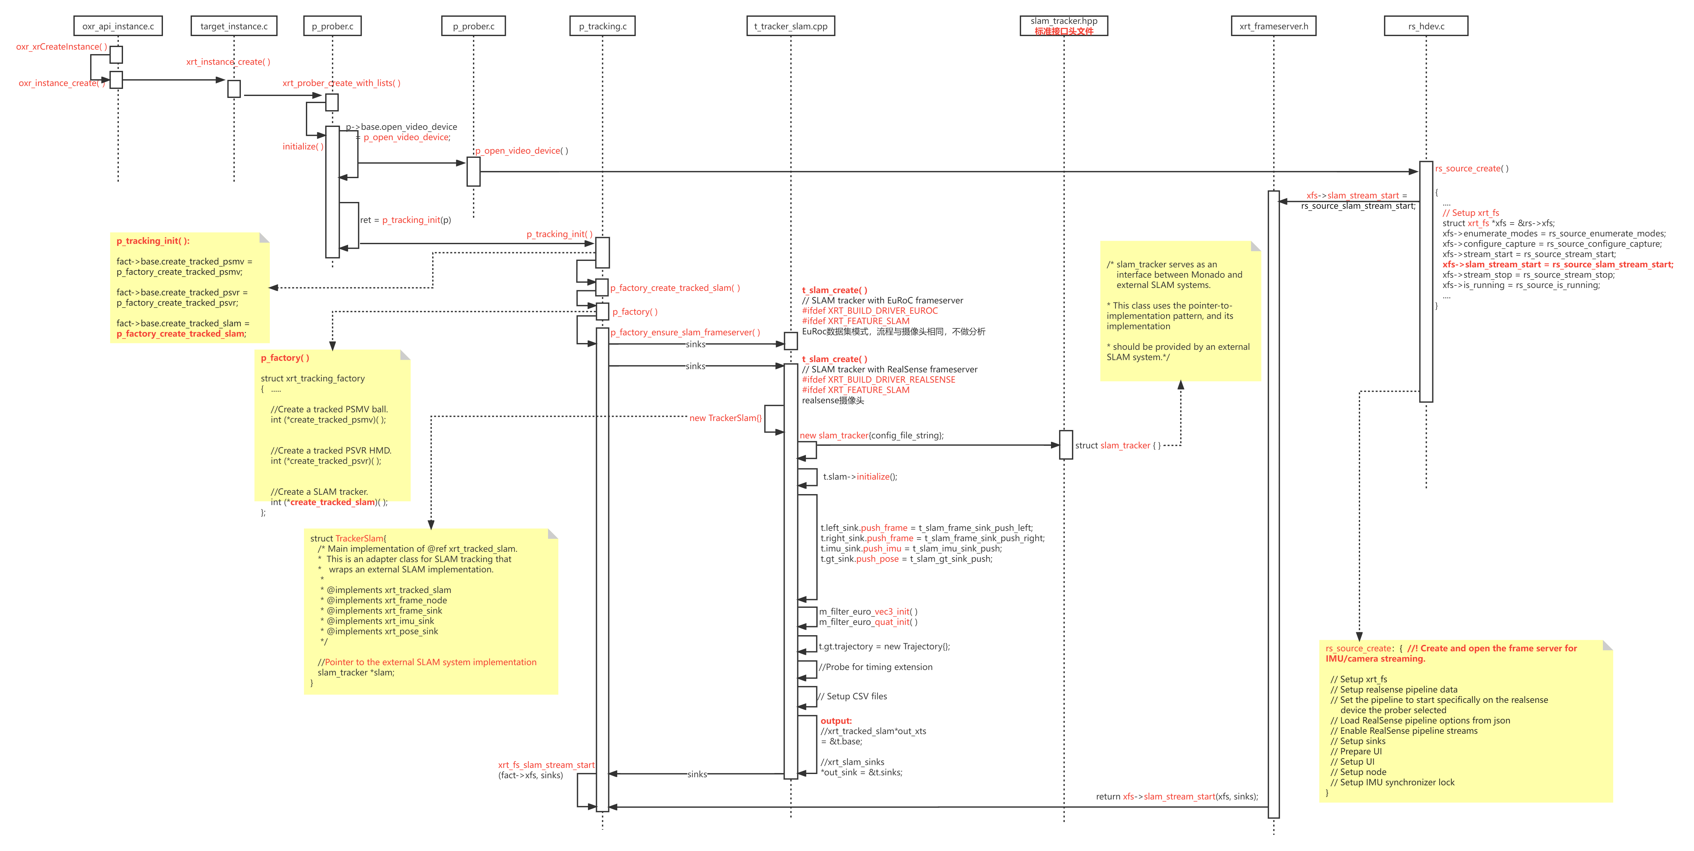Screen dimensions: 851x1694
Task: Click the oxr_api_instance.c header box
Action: coord(118,26)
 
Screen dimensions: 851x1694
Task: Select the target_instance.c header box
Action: coord(234,26)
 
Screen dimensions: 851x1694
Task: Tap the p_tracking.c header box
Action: coord(602,26)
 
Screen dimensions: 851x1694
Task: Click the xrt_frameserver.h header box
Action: coord(1274,26)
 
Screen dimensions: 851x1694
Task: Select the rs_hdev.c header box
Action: coord(1426,26)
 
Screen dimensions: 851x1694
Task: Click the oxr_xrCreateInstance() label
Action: coord(62,47)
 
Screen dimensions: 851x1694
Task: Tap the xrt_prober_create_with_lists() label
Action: coord(341,83)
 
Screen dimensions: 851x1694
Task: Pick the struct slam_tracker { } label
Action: coord(1118,445)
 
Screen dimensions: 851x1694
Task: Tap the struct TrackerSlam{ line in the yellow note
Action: coord(348,538)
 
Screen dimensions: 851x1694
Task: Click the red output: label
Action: coord(836,721)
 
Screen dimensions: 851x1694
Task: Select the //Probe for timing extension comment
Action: coord(875,667)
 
